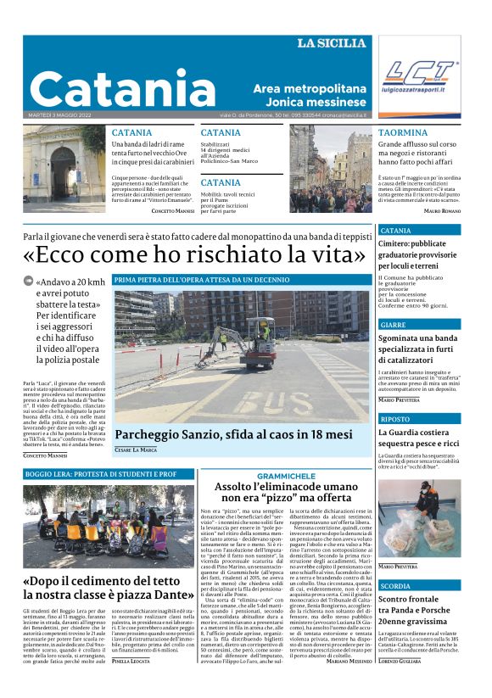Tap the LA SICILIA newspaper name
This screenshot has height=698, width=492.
(332, 43)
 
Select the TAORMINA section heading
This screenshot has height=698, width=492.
(403, 133)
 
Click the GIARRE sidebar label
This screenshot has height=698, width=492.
(394, 325)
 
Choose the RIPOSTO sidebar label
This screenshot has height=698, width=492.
(395, 419)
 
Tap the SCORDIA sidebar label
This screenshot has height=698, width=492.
(395, 586)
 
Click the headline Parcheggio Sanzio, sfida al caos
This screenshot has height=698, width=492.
(233, 434)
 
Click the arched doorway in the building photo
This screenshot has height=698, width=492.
(64, 165)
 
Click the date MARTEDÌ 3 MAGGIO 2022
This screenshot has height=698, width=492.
(62, 115)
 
